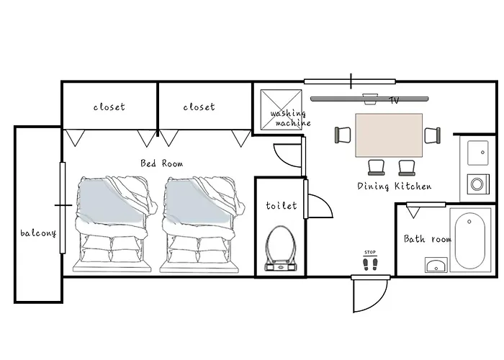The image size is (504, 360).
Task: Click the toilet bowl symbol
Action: coord(281,248)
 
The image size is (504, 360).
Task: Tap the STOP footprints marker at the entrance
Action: coord(370,261)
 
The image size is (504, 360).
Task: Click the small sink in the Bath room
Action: coord(436,265)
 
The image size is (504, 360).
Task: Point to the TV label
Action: coord(395,101)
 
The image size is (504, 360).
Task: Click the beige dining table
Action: coord(389,135)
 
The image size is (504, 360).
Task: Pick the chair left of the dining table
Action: coord(343,135)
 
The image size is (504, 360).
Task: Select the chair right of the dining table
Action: coord(433,135)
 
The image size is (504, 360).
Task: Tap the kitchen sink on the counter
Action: coord(478,153)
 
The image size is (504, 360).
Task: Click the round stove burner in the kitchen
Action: coord(477,184)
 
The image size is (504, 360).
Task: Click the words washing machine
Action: coord(291,118)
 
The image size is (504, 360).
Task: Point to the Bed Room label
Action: coord(162,163)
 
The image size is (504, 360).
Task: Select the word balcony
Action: coord(38,233)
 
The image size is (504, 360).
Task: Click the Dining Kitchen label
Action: coord(395,186)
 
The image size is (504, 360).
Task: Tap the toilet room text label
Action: coord(282,205)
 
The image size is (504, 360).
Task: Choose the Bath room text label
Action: coord(428,239)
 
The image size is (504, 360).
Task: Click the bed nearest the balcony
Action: coord(116,224)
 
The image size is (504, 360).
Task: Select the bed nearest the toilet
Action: coord(202,224)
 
